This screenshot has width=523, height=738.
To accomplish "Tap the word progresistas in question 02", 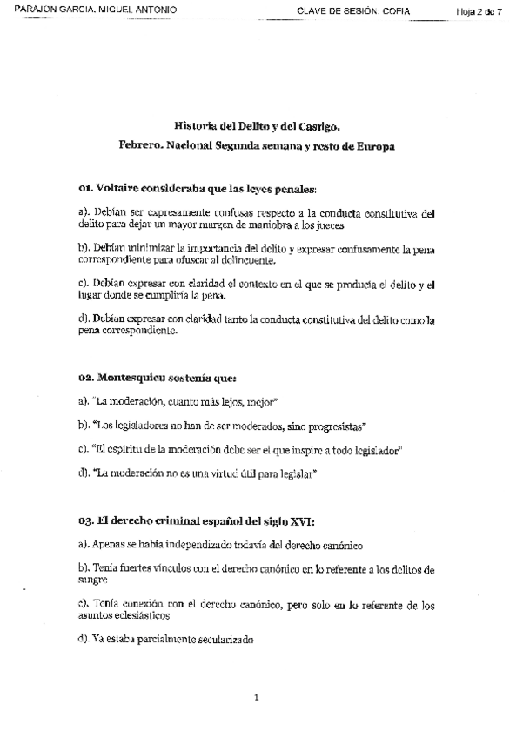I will click(x=337, y=426).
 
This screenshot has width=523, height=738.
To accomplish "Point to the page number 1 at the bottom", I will click(x=257, y=696).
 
